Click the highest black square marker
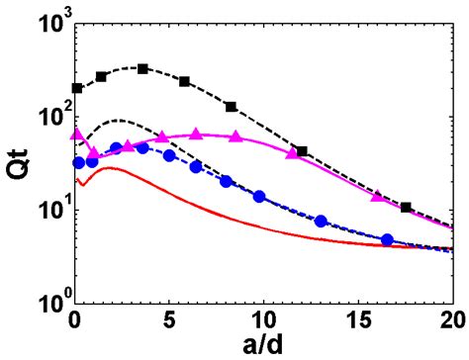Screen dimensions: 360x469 tap(143, 68)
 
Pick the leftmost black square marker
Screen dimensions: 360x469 tap(77, 88)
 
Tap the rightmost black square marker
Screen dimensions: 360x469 tap(406, 208)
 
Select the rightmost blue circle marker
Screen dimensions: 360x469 tap(387, 239)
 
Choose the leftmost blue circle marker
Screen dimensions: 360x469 tap(78, 162)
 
